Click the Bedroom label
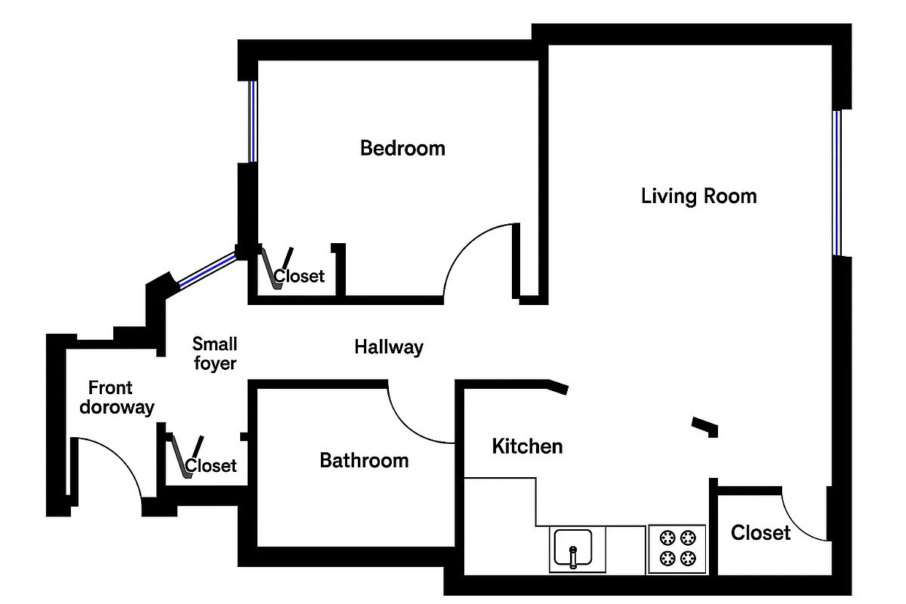point(402,148)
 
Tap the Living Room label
point(698,196)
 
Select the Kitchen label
point(527,446)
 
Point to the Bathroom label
point(364,461)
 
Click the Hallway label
point(389,347)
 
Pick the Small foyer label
point(214,354)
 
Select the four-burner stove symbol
point(676,548)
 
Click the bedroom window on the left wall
point(253,121)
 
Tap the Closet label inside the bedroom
point(300,276)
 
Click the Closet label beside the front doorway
point(211,466)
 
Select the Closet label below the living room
point(760,533)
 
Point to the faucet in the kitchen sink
point(573,556)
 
